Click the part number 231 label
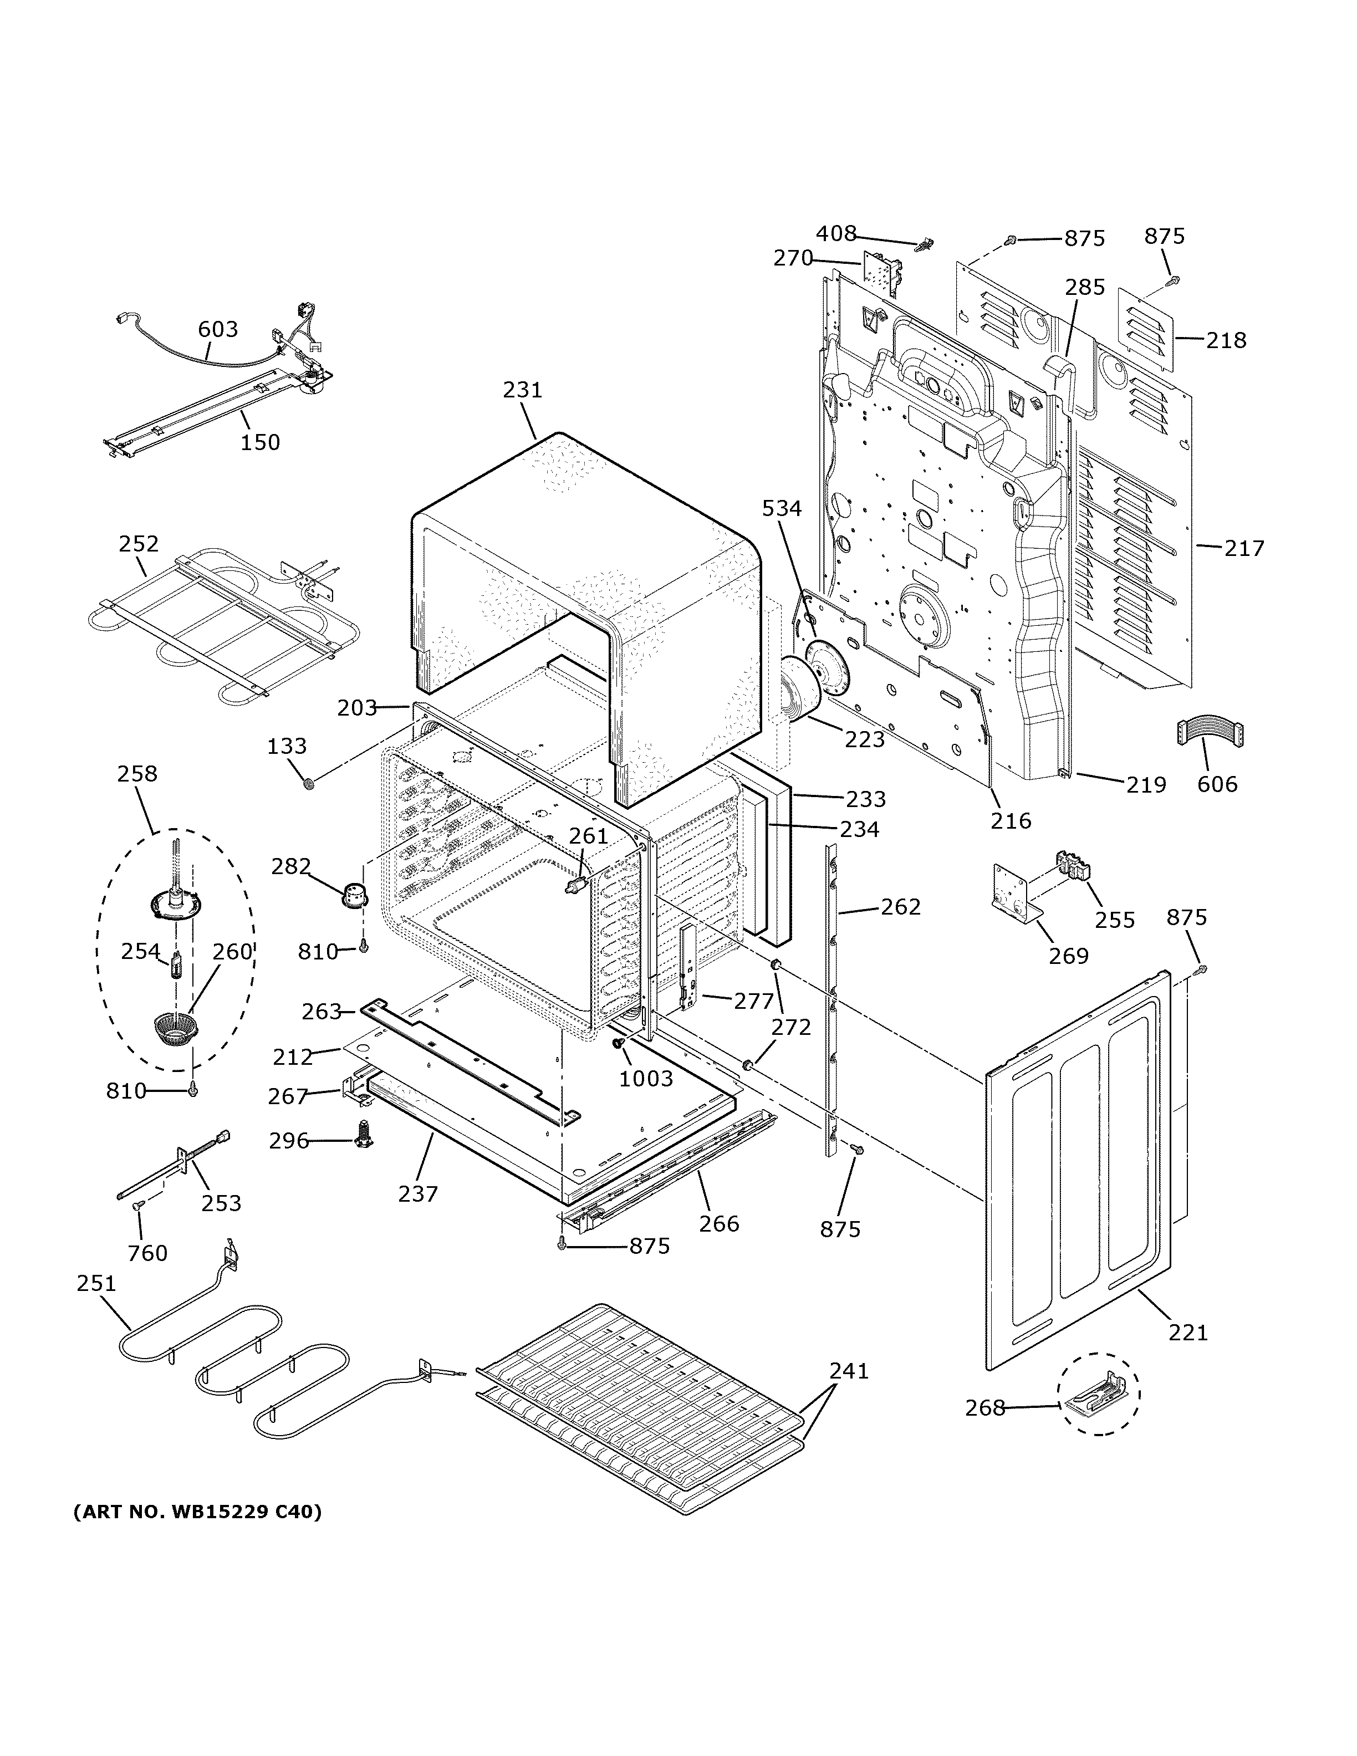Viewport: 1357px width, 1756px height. (x=523, y=390)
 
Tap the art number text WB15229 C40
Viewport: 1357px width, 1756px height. (x=197, y=1512)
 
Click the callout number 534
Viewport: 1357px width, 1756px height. (x=782, y=508)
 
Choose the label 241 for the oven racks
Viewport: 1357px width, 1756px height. (x=849, y=1370)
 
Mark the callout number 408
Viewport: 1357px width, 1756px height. (x=836, y=233)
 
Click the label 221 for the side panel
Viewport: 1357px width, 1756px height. (x=1188, y=1333)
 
